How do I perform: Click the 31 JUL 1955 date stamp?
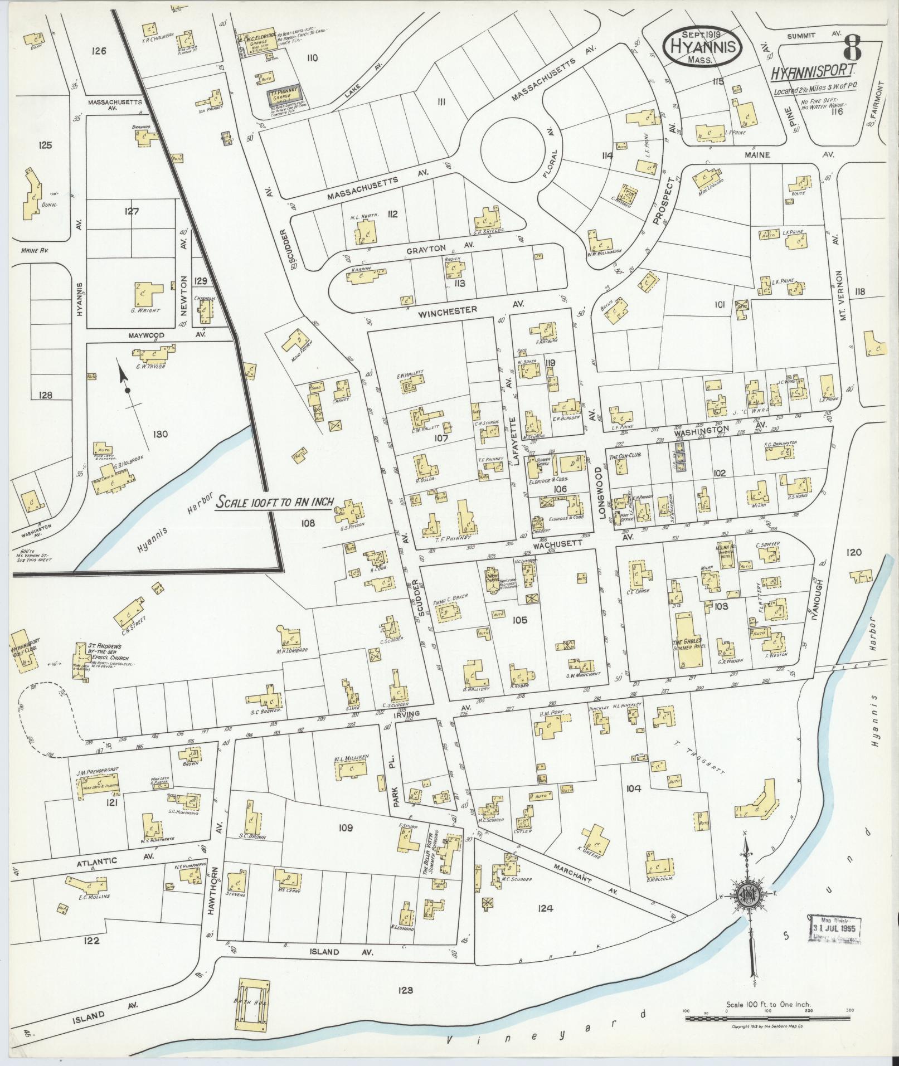[x=833, y=929]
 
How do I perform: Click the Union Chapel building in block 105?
[x=493, y=580]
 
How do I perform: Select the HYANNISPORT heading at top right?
[x=813, y=72]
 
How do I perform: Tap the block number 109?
[x=345, y=828]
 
